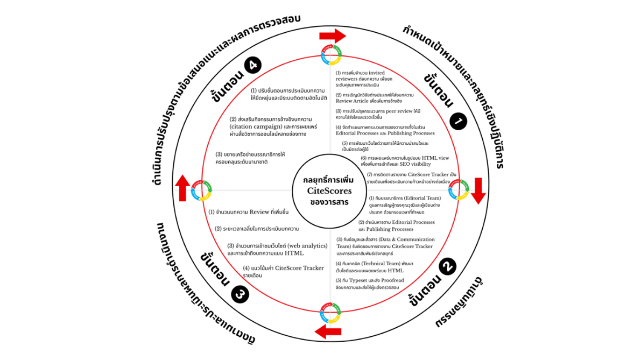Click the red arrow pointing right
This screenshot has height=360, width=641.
332,37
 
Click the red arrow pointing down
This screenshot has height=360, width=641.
477,191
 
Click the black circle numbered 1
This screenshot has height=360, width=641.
458,122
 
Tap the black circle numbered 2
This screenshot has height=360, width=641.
448,266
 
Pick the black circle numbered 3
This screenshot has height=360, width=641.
240,294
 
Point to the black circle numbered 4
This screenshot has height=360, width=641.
252,66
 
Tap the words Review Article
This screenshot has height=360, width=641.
353,100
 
